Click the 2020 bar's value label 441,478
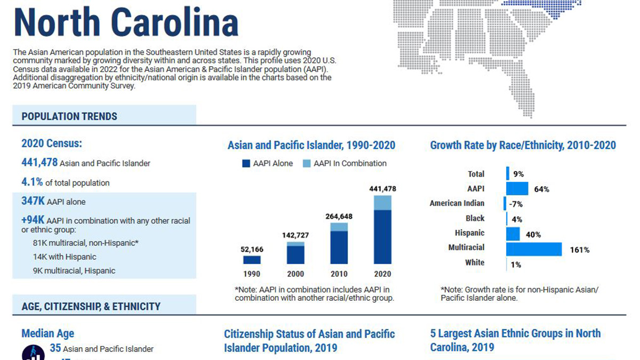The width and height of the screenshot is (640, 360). pyautogui.click(x=382, y=189)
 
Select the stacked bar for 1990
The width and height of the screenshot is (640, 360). pyautogui.click(x=252, y=260)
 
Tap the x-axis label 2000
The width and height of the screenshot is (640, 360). pyautogui.click(x=295, y=274)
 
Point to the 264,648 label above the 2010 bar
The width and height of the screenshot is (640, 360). pyautogui.click(x=339, y=217)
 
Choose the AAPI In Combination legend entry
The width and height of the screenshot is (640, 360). pyautogui.click(x=345, y=164)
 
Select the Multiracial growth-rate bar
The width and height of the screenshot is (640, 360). pyautogui.click(x=534, y=249)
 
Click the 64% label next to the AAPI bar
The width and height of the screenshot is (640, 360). pyautogui.click(x=541, y=189)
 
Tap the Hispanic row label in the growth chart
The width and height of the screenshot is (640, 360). pyautogui.click(x=469, y=233)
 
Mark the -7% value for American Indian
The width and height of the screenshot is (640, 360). pyautogui.click(x=516, y=204)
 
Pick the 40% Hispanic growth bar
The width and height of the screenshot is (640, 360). pyautogui.click(x=513, y=234)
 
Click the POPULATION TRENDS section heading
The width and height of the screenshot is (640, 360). pyautogui.click(x=69, y=116)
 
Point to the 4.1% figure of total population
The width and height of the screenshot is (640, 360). pyautogui.click(x=32, y=182)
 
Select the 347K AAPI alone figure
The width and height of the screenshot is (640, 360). pyautogui.click(x=33, y=202)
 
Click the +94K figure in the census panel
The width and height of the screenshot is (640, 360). pyautogui.click(x=33, y=220)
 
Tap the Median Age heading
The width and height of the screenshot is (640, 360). pyautogui.click(x=47, y=334)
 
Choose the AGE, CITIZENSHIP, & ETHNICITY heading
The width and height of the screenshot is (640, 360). pyautogui.click(x=91, y=307)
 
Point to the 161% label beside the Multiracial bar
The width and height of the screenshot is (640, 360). pyautogui.click(x=579, y=250)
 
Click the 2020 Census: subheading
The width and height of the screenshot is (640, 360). pyautogui.click(x=51, y=143)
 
